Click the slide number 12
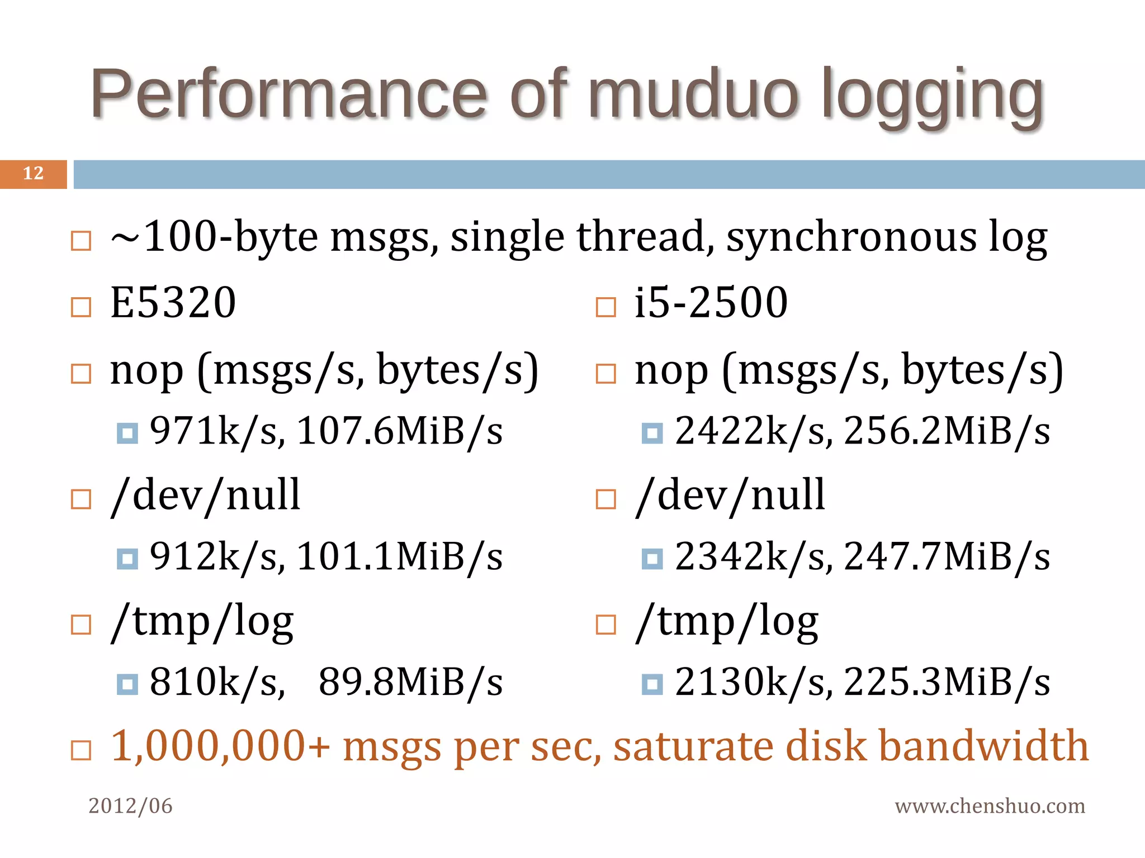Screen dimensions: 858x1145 click(x=33, y=174)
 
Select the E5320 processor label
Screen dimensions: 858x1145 click(x=173, y=302)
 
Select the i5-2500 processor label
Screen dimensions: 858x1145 click(x=711, y=302)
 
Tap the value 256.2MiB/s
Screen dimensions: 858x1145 click(x=947, y=431)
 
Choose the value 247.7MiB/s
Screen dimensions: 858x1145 click(x=947, y=557)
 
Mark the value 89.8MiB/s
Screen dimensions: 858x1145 click(x=410, y=682)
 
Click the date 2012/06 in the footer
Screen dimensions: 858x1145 click(x=130, y=806)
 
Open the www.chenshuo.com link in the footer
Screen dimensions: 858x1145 click(x=990, y=806)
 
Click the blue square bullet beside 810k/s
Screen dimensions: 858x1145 click(x=127, y=684)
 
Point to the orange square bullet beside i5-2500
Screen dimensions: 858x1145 click(x=605, y=307)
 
